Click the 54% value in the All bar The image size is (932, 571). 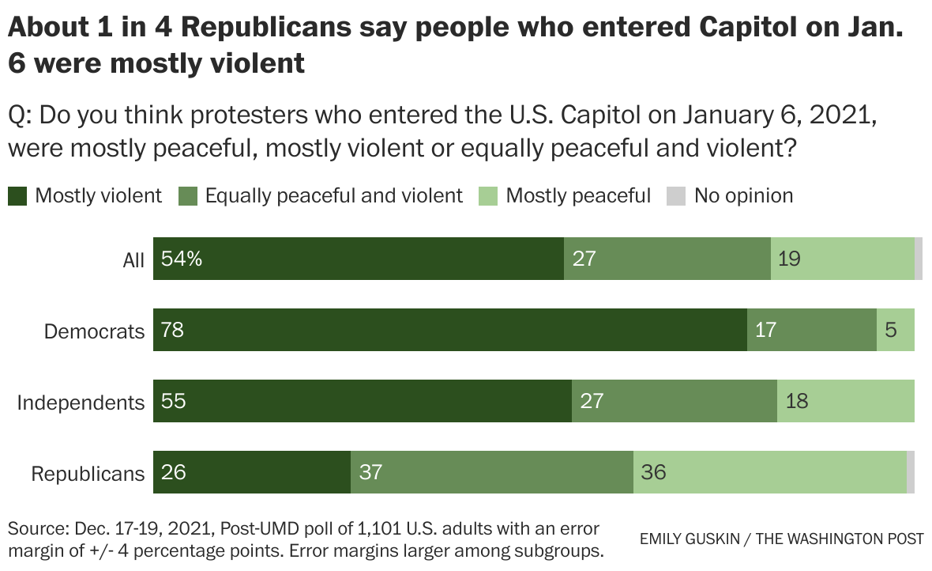(181, 259)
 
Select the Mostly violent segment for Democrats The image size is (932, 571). (450, 330)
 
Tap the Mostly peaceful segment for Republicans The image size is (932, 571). (770, 472)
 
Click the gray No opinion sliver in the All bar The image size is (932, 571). (919, 259)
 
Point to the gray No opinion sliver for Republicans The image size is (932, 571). (911, 472)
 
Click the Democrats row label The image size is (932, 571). (94, 331)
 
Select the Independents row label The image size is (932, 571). (81, 403)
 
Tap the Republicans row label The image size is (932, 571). (88, 474)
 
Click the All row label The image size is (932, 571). (133, 260)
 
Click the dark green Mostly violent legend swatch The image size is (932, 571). (18, 195)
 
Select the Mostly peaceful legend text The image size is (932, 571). (578, 195)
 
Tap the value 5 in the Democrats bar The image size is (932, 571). (891, 330)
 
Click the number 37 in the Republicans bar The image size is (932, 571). (370, 473)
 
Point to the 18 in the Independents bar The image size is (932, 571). (797, 402)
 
